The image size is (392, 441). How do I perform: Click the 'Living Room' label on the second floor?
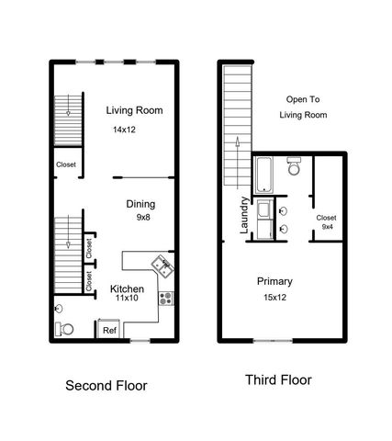(134, 110)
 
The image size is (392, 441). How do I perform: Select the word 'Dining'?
(140, 204)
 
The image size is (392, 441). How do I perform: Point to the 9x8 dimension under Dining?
(143, 218)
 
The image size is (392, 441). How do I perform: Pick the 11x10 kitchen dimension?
(126, 299)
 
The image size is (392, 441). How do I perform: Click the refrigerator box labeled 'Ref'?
(109, 329)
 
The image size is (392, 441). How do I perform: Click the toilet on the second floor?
(65, 328)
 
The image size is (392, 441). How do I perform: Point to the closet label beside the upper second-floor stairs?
(65, 165)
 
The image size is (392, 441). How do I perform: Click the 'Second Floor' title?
(106, 385)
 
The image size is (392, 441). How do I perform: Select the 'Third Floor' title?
(278, 379)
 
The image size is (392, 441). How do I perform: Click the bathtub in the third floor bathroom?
(263, 175)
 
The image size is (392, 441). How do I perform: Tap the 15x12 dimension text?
(275, 298)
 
